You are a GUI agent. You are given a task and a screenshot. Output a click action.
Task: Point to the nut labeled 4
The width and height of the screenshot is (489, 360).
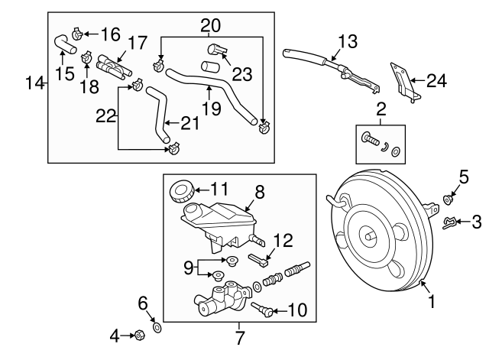[x=140, y=335]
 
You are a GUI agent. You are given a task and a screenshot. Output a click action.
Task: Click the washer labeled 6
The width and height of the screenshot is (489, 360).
[x=157, y=328]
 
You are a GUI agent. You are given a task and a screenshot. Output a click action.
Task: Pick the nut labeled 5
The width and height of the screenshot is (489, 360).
[x=447, y=200]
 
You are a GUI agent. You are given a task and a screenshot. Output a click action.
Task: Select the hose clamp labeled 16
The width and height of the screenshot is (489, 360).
[x=79, y=34]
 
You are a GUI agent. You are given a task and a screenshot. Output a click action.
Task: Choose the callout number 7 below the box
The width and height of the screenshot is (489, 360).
[x=239, y=337]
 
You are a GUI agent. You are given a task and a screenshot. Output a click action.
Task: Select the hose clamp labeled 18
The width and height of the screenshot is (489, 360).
[x=86, y=56]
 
